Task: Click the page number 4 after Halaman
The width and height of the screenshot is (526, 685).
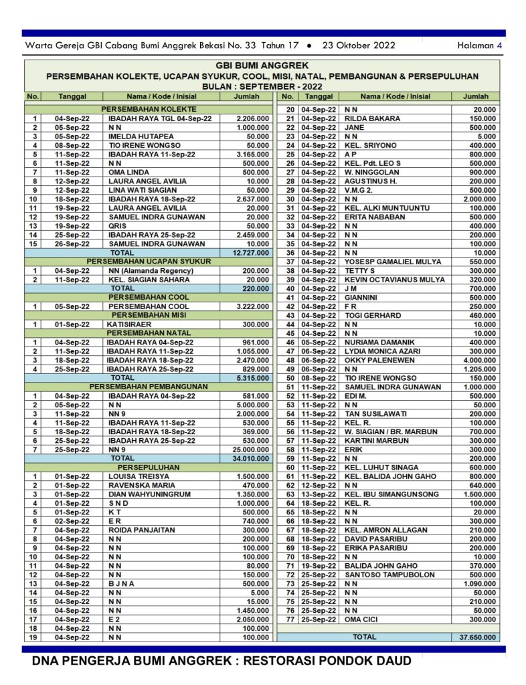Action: click(499, 45)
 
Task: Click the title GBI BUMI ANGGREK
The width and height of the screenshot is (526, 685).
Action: click(262, 66)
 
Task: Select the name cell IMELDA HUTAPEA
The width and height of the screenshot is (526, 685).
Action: click(137, 136)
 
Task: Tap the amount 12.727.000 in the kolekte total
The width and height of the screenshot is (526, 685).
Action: click(252, 253)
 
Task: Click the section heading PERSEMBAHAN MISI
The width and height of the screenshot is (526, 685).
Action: click(149, 315)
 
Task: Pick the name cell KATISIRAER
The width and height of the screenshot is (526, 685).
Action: click(128, 324)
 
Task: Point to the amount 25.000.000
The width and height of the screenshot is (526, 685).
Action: click(251, 450)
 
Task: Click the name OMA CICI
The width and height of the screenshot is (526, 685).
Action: click(361, 619)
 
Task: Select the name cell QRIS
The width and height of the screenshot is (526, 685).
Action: click(118, 225)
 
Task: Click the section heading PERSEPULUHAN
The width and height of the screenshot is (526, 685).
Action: click(149, 468)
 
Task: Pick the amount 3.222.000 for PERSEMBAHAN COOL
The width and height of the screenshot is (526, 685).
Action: click(252, 306)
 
